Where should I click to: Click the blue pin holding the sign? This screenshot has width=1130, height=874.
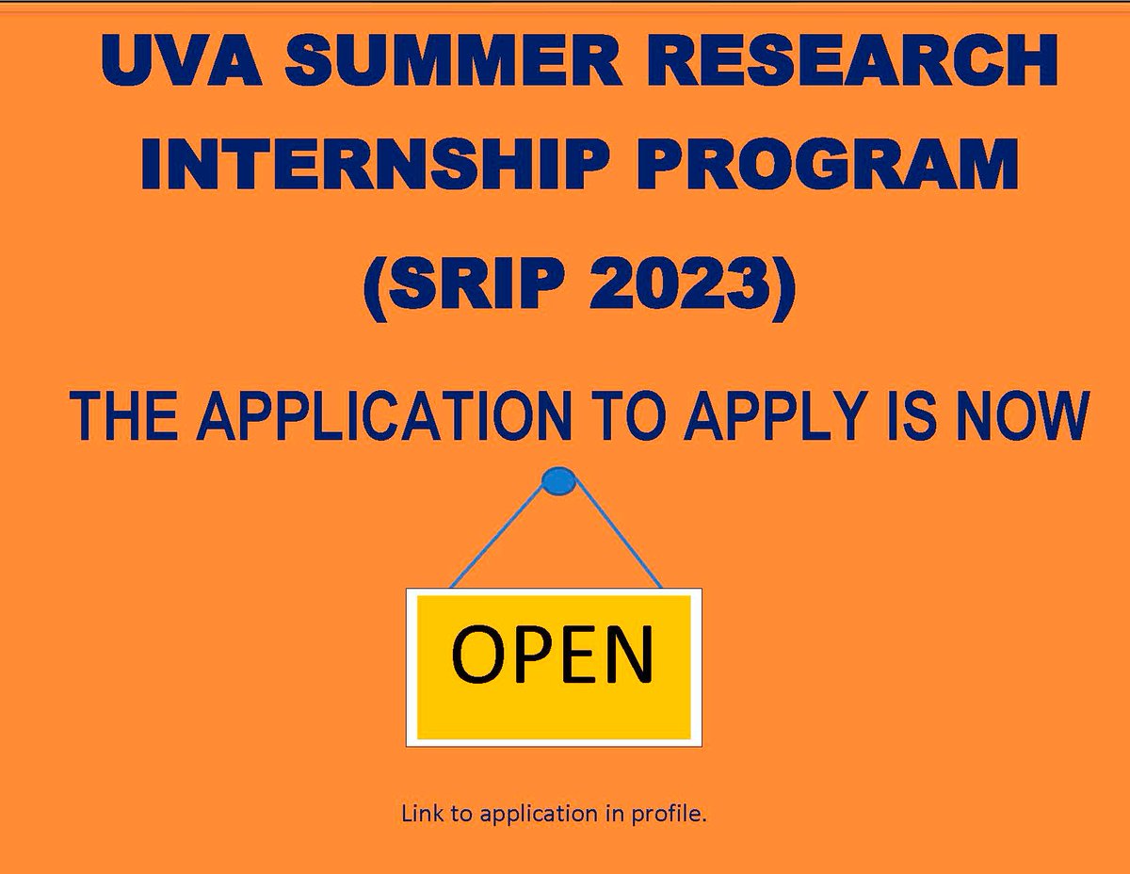coord(559,482)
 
